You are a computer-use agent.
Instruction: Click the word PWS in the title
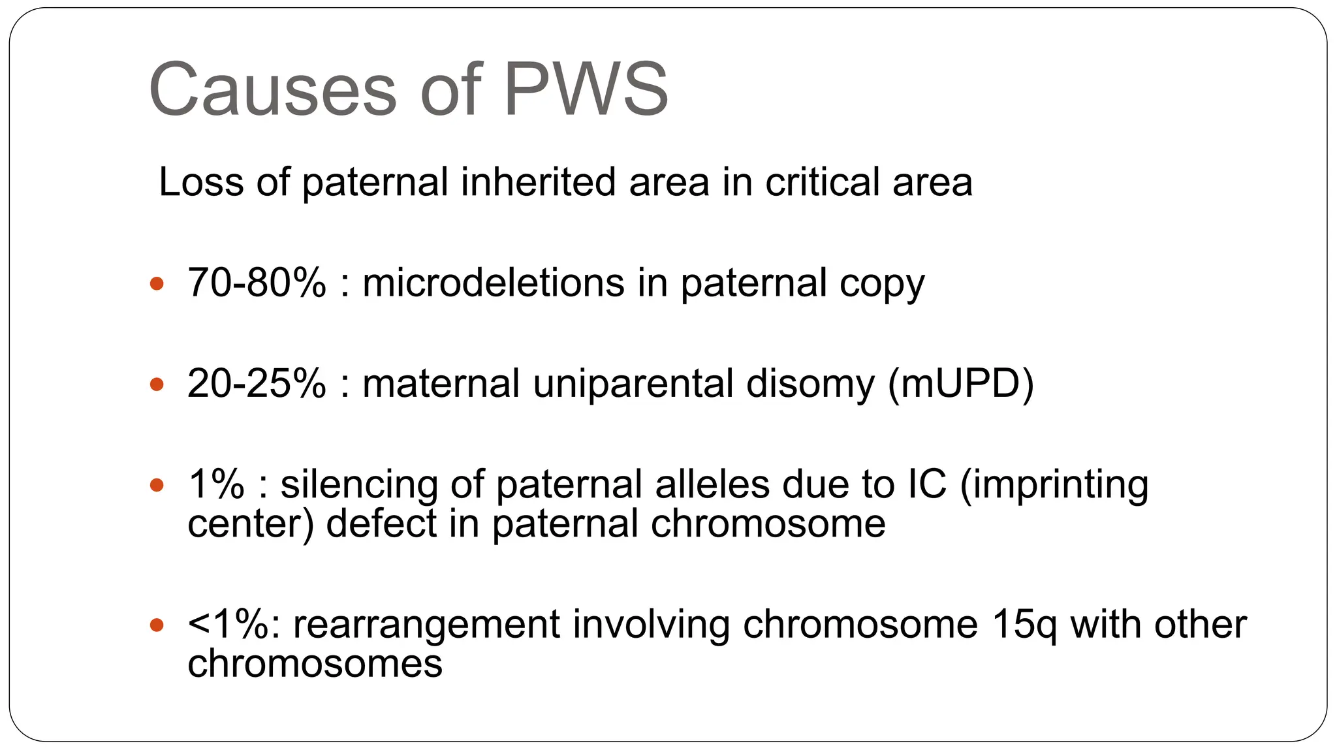pyautogui.click(x=586, y=89)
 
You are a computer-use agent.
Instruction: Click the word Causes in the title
pyautogui.click(x=273, y=89)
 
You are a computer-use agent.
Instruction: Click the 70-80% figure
pyautogui.click(x=257, y=283)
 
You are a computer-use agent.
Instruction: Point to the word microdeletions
pyautogui.click(x=494, y=283)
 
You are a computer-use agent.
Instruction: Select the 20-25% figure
pyautogui.click(x=257, y=383)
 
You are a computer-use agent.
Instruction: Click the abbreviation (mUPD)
pyautogui.click(x=960, y=383)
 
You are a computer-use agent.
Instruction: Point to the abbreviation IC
pyautogui.click(x=926, y=484)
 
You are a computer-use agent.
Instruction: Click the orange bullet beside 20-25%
pyautogui.click(x=157, y=384)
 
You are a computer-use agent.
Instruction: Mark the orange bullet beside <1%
pyautogui.click(x=157, y=625)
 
